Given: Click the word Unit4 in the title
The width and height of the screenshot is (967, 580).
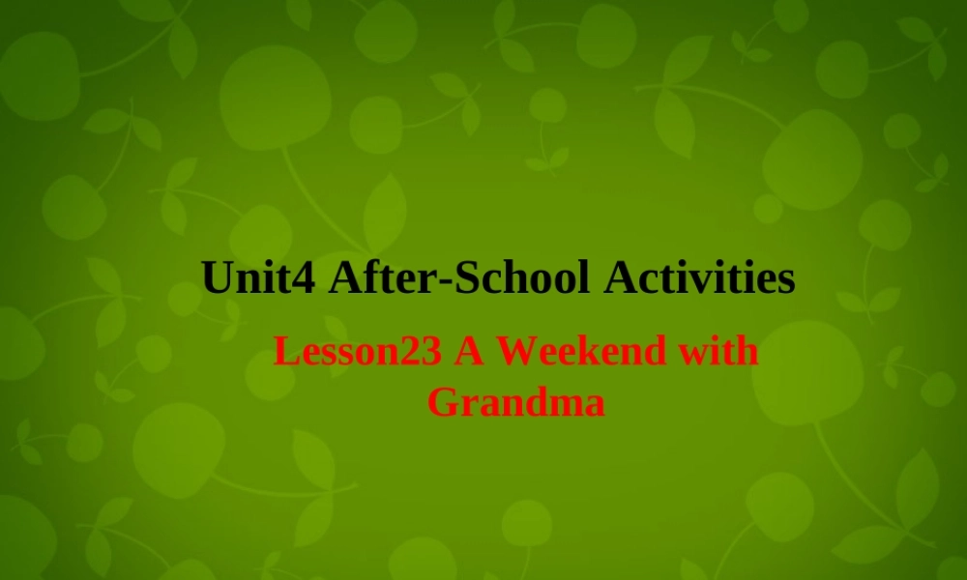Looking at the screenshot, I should [x=259, y=278].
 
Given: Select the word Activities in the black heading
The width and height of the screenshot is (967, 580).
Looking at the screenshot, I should [x=699, y=278].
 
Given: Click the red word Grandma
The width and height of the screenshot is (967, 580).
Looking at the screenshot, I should [x=515, y=400].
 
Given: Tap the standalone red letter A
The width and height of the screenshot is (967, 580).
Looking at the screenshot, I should [x=470, y=351].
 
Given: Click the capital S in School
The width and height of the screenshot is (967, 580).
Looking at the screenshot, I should [x=466, y=278].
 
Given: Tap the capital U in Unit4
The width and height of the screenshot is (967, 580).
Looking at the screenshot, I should [x=218, y=278].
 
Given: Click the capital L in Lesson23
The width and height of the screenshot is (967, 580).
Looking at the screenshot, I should [x=283, y=351].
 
